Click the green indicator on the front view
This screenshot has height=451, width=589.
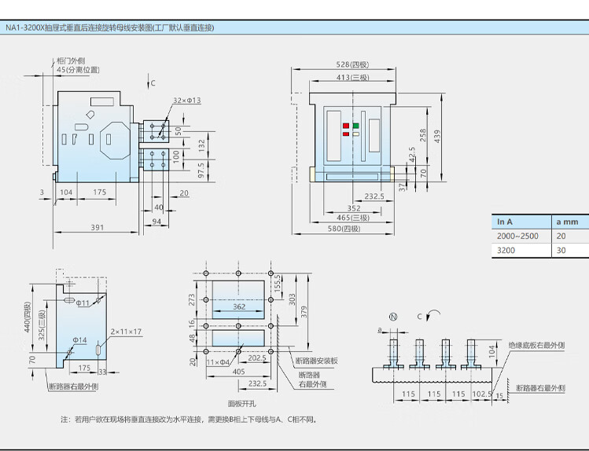point(355,125)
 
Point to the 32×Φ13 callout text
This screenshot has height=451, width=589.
point(186,101)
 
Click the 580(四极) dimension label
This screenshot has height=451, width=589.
point(344,229)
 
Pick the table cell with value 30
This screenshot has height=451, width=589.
point(561,251)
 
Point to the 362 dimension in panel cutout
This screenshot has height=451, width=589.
point(239,306)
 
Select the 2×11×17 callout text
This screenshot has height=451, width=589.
point(126,332)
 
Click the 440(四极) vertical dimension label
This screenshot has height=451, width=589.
point(28,318)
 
